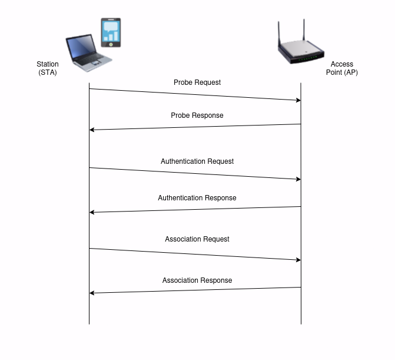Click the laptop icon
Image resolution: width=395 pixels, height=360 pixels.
coord(89,53)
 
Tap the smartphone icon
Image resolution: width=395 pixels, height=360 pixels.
coord(111,32)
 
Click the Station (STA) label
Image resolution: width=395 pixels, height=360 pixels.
coord(48,68)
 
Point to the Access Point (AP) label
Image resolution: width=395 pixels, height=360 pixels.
coord(342,68)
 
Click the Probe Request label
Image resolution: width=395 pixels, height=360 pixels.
coord(197,82)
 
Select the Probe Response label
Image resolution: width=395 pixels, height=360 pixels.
coord(197,115)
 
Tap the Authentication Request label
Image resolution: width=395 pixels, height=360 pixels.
coord(197,161)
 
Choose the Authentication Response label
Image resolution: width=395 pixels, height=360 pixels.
coord(197,198)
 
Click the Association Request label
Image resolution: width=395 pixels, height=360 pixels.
coord(197,239)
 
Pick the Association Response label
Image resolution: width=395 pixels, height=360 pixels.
coord(197,280)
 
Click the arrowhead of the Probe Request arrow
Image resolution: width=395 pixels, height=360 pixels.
coord(298,100)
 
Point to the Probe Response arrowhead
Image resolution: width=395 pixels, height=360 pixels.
coord(92,130)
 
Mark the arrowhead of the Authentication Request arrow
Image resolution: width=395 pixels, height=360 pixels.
coord(298,179)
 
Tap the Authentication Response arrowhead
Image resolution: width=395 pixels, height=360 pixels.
coord(92,212)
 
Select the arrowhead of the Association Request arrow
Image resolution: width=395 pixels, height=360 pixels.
coord(298,260)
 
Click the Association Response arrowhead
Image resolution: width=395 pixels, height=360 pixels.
coord(92,293)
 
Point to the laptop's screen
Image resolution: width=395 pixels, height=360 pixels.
coord(81,46)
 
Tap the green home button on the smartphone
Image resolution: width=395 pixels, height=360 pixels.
coord(111,44)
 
